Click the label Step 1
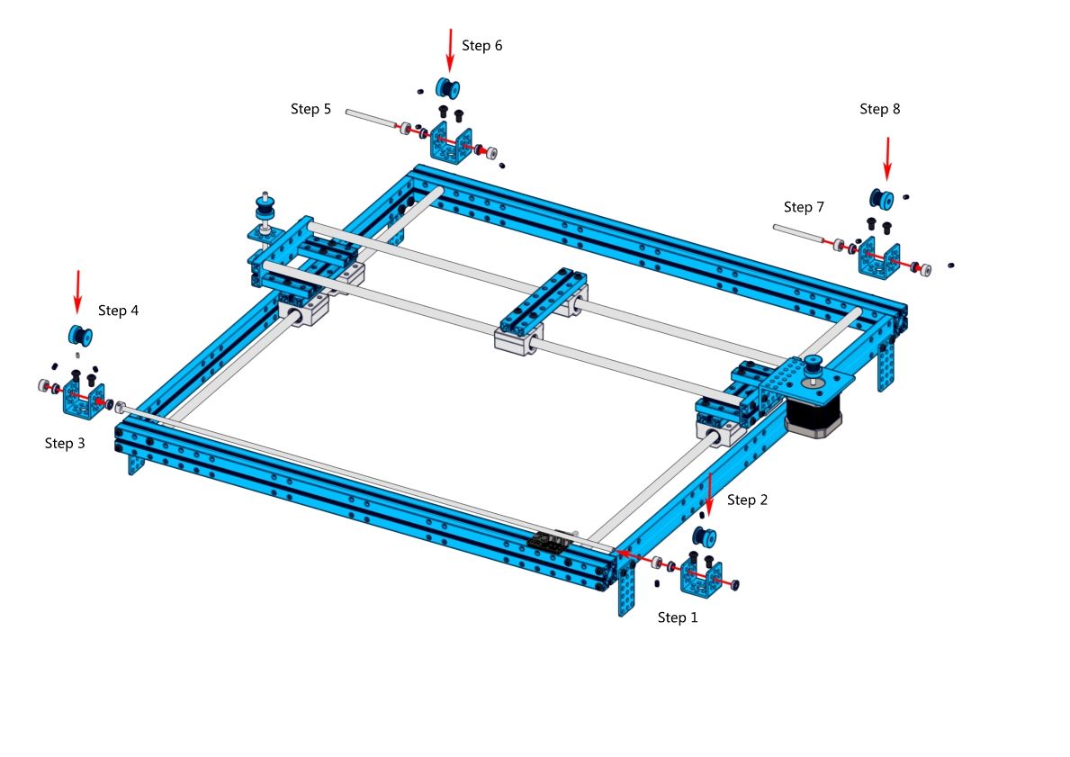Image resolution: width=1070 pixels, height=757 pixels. pos(678,617)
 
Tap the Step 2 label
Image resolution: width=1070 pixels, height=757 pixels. pos(747,500)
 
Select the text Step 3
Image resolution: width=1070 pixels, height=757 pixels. pos(65,443)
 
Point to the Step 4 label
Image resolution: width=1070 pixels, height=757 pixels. pos(118,311)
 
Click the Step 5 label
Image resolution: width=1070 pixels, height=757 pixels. pos(310,109)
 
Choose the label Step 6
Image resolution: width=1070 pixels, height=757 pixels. pos(481,45)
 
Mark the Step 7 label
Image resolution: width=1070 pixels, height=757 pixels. pos(804,207)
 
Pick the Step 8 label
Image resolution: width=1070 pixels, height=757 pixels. pos(879,109)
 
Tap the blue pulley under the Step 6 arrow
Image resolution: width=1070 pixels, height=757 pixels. pos(447,88)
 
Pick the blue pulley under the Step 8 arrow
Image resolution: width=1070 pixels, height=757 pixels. pos(880,199)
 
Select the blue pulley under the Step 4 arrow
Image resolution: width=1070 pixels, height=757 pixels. pos(80,335)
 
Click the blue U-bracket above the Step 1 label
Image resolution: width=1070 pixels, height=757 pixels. pos(702,581)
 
